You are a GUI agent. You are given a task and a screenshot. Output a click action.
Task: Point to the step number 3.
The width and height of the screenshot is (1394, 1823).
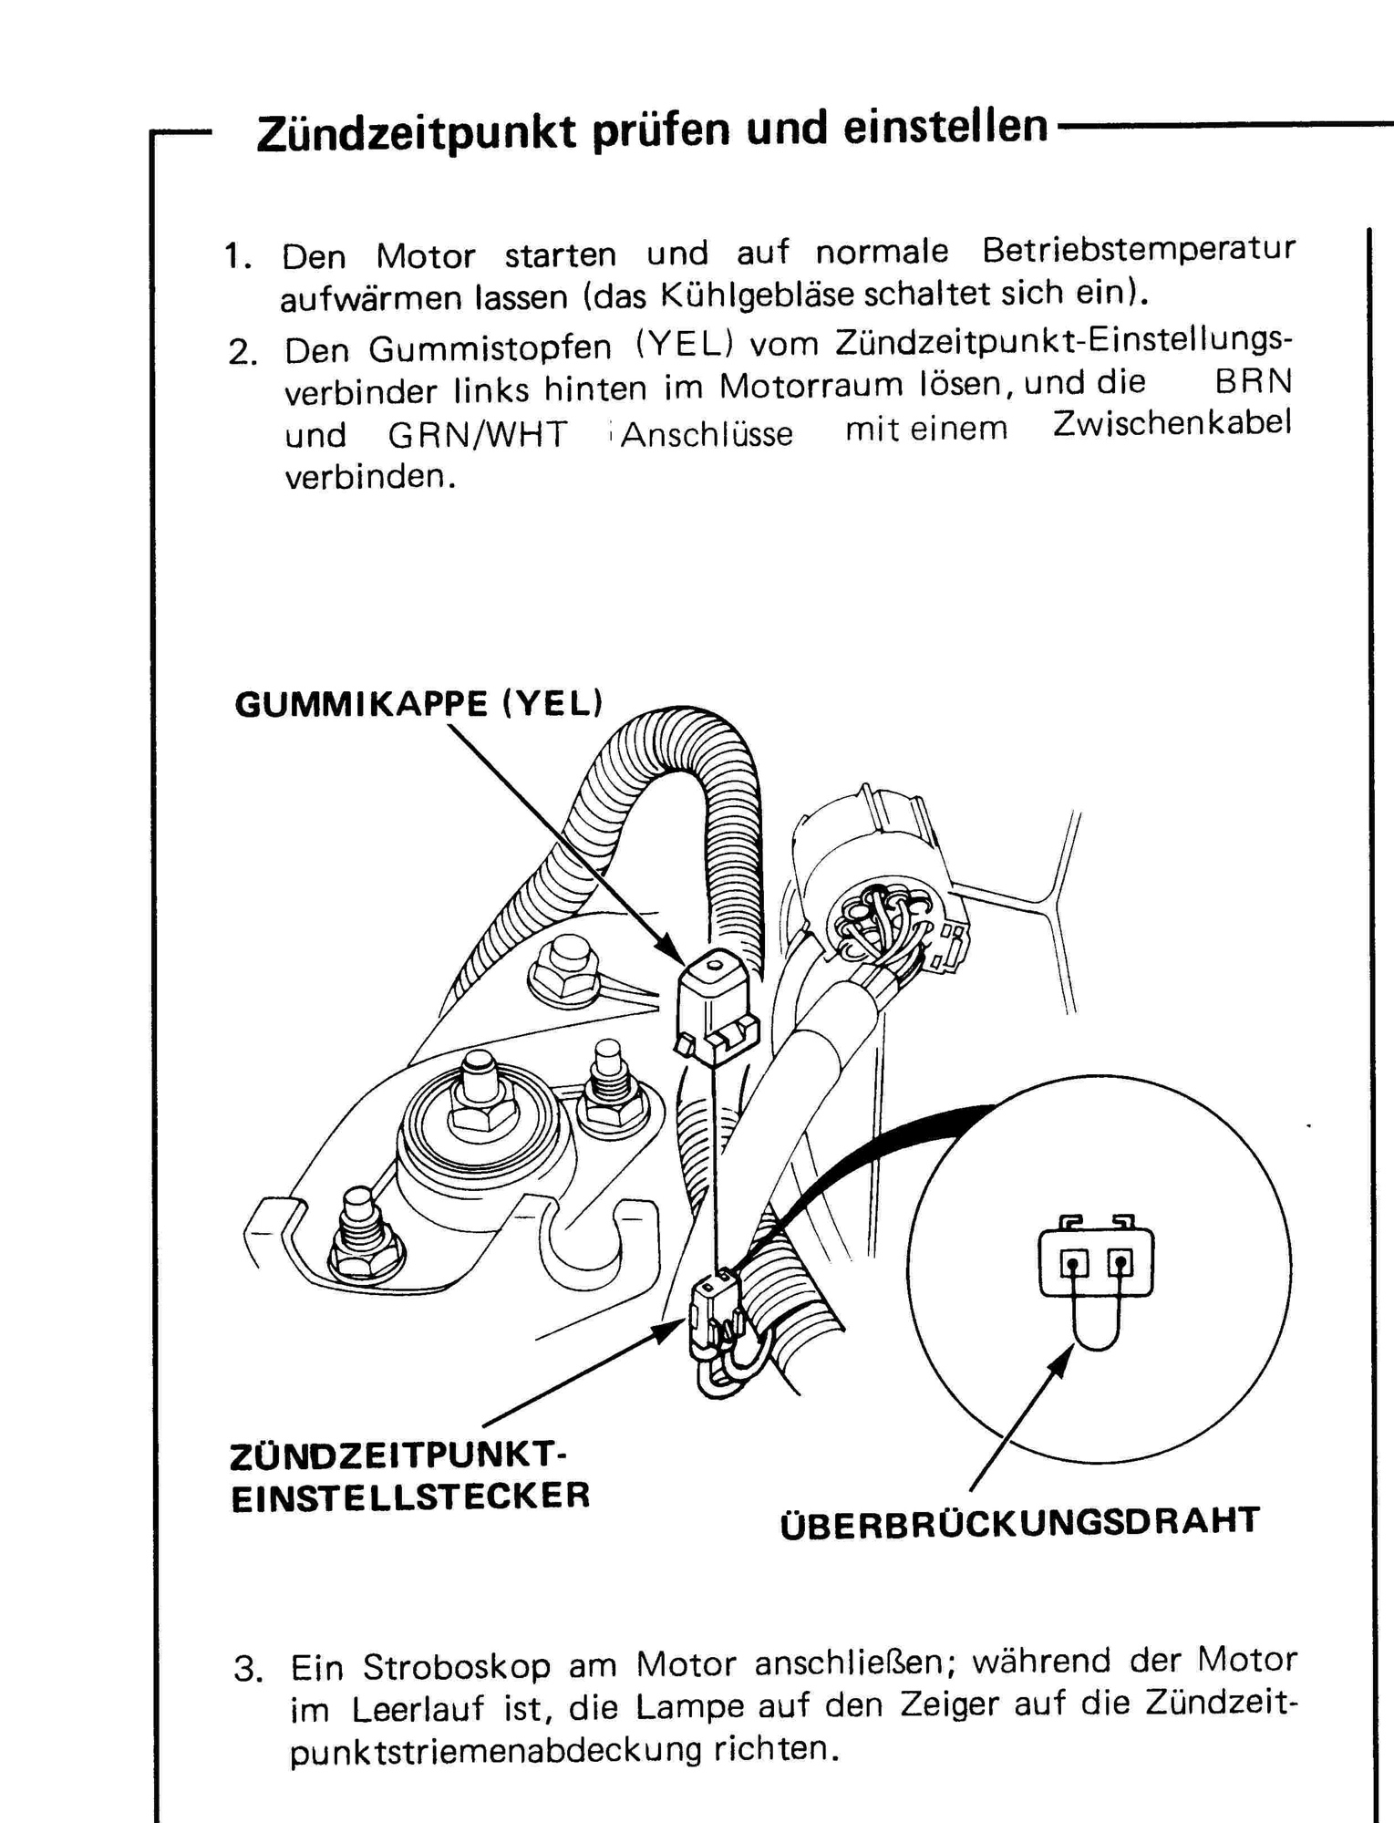[248, 1670]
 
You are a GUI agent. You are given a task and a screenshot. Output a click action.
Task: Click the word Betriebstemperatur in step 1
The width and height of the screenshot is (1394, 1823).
[1139, 249]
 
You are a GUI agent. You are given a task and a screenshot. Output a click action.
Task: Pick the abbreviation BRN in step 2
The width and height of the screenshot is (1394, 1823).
[1254, 381]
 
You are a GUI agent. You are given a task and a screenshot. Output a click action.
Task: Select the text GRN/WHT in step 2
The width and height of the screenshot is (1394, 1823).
[478, 434]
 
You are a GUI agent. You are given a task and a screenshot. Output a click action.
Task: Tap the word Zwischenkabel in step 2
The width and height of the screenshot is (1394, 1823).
[1172, 424]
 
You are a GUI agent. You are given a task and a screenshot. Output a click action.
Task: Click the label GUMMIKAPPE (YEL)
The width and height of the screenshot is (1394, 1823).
[418, 704]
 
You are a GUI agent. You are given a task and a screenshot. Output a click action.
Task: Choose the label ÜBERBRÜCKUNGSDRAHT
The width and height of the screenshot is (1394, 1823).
[1020, 1522]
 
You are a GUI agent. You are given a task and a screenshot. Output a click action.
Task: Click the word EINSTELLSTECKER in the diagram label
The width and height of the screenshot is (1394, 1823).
[410, 1497]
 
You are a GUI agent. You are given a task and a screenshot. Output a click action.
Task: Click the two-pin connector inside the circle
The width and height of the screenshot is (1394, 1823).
[1096, 1262]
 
